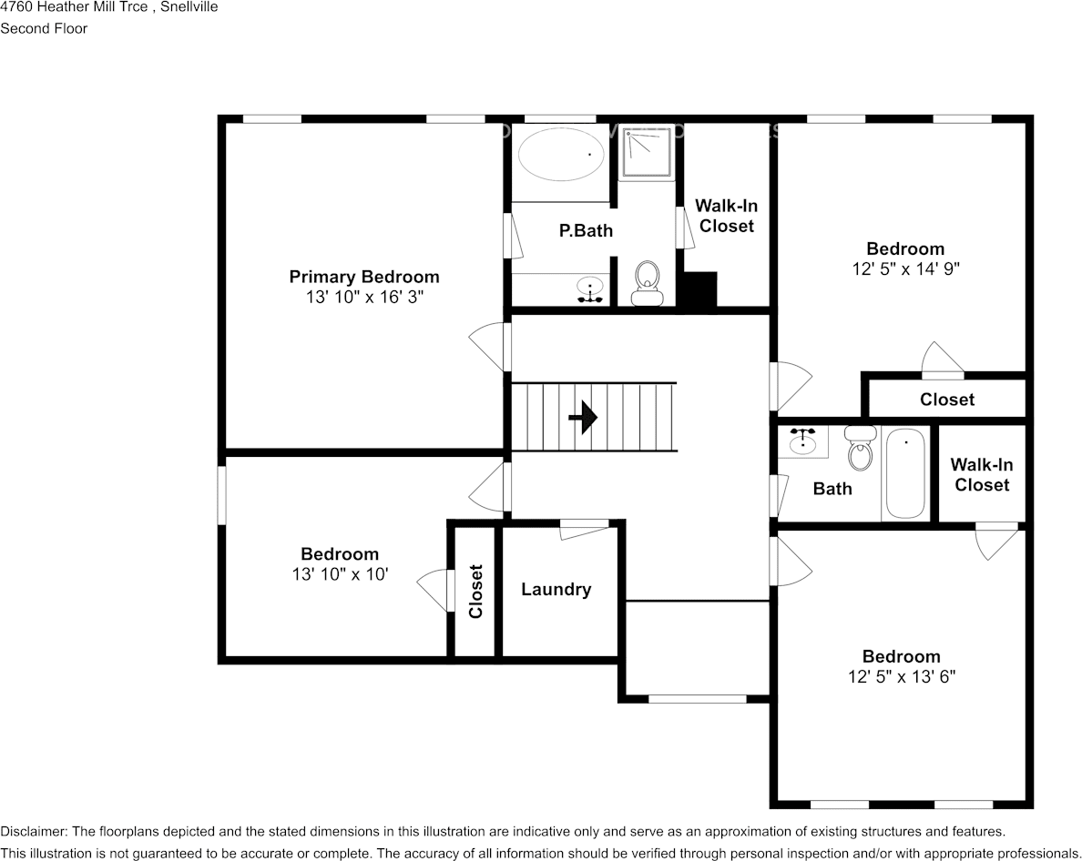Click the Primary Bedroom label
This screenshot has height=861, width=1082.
(364, 277)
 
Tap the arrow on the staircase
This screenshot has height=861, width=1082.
(583, 418)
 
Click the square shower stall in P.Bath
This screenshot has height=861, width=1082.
(647, 152)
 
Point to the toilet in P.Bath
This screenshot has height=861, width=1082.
(647, 282)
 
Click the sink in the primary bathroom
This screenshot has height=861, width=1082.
(591, 289)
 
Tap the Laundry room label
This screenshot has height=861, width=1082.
(556, 590)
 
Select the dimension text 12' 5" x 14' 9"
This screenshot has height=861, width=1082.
(904, 269)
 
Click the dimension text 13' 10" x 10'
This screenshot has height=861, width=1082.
(340, 574)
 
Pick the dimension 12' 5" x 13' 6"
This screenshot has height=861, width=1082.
(901, 677)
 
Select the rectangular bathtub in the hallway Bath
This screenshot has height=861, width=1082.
(905, 474)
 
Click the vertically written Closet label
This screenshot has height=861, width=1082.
(475, 592)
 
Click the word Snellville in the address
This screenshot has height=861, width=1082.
(189, 7)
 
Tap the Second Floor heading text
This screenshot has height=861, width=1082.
(44, 28)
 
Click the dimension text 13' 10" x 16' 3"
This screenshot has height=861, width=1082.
(364, 298)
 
